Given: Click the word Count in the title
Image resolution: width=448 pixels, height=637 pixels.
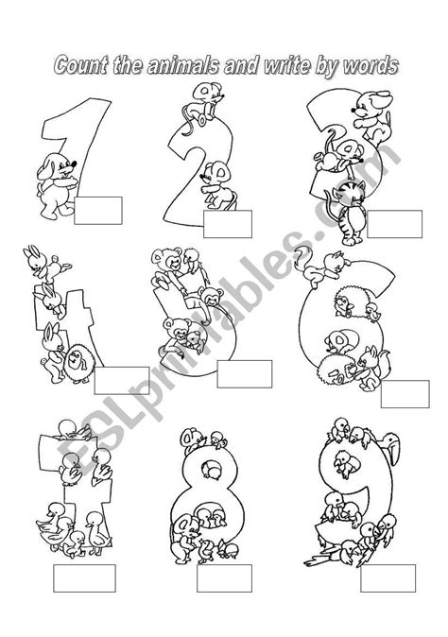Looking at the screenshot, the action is tap(80, 65).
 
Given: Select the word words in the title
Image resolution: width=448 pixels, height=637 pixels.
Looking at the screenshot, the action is tap(370, 65).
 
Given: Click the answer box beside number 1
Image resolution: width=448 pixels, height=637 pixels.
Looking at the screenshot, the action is tap(98, 211).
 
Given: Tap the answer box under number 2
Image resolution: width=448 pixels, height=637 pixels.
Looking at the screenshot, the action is tap(228, 224).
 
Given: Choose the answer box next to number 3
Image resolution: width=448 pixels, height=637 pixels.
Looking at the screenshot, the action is tap(394, 224).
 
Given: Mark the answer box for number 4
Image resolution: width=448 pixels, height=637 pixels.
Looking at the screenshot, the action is tap(122, 381).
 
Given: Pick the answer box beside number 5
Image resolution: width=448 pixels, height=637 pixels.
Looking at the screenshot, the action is tap(245, 373).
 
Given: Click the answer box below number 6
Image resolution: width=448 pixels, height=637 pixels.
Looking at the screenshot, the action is tap(405, 394).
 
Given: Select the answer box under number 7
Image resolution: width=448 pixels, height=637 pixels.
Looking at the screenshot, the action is tap(84, 578).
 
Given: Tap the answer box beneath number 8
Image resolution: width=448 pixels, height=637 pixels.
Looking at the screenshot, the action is tap(224, 578).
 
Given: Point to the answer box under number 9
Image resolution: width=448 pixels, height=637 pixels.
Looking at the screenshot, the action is tap(388, 578).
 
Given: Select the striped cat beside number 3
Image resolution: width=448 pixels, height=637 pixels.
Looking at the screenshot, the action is tap(350, 213).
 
